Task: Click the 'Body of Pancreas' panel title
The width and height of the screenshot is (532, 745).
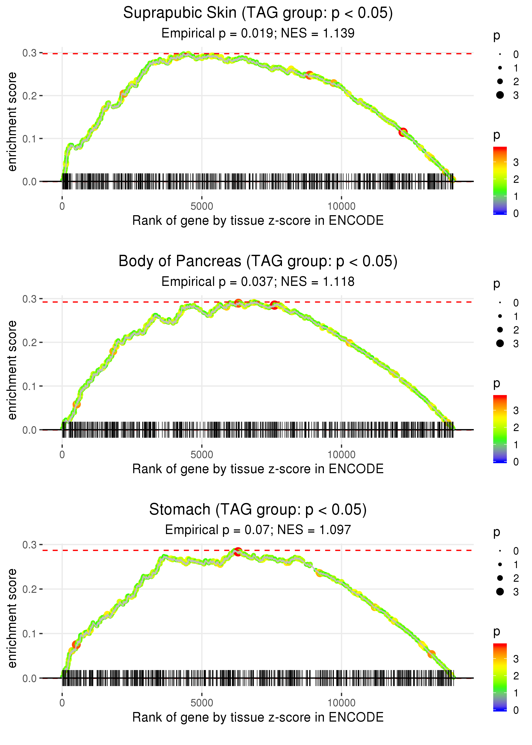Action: pos(258,261)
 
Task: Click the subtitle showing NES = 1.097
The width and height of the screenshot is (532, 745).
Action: pos(258,530)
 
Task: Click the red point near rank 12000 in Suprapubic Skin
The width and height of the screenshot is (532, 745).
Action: pos(403,132)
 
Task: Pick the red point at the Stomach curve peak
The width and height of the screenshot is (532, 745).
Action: pos(238,551)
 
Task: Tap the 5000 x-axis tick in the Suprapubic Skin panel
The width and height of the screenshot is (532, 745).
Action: pos(202,206)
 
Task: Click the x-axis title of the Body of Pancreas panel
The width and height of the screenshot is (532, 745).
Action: pos(258,469)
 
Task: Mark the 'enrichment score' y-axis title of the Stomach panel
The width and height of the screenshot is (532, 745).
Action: pos(12,618)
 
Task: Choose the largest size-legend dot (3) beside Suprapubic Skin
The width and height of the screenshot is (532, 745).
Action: pos(500,95)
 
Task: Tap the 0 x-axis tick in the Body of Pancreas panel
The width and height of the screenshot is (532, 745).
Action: pos(62,455)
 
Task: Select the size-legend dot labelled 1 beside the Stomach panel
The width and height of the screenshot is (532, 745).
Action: pos(500,564)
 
